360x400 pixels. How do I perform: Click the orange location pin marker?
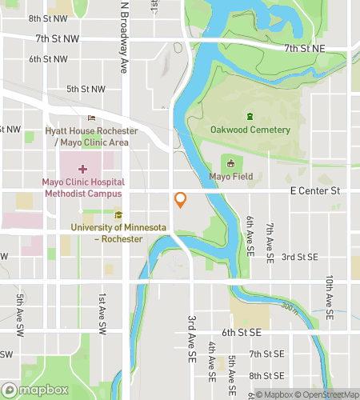coord(181,200)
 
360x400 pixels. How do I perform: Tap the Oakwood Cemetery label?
coord(250,130)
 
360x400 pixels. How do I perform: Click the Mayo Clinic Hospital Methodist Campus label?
coord(82,187)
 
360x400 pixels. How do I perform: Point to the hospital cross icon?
coord(82,169)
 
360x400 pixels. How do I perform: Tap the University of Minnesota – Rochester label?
coord(118,233)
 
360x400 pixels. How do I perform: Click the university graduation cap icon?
coord(118,214)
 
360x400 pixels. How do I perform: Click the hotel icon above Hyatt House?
coord(91,118)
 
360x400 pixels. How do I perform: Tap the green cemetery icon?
coord(250,115)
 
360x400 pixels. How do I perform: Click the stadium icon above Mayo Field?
coord(231,163)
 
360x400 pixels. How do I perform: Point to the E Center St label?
coord(315,191)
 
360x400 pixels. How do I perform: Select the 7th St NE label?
coord(305,49)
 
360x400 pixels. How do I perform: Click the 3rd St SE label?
coord(299,257)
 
